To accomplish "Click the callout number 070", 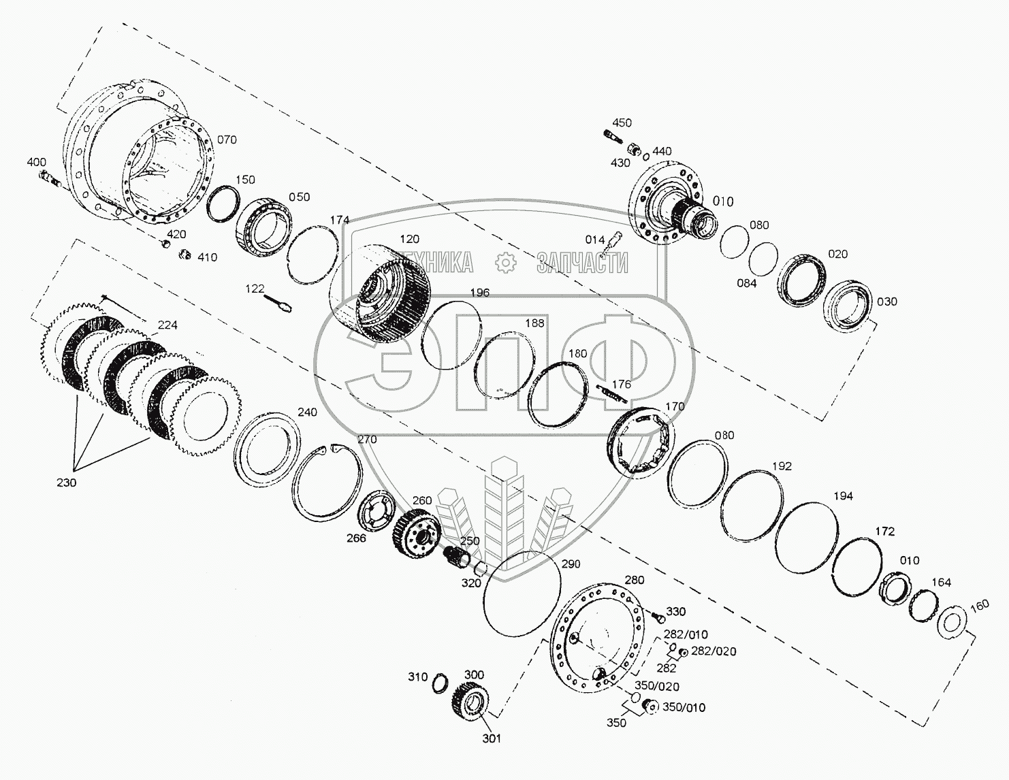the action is tap(227, 140).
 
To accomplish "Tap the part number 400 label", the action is tap(37, 162).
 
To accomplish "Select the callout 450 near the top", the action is tap(622, 123).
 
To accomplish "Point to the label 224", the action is tap(167, 325).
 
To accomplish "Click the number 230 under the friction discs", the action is tap(67, 483).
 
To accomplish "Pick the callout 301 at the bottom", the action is tap(492, 738).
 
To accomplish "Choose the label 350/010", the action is tap(684, 707).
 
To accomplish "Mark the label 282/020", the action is tap(714, 651).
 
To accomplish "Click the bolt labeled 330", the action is tap(658, 616).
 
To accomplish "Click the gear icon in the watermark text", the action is tap(505, 263).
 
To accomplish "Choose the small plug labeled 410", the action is tap(183, 255).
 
